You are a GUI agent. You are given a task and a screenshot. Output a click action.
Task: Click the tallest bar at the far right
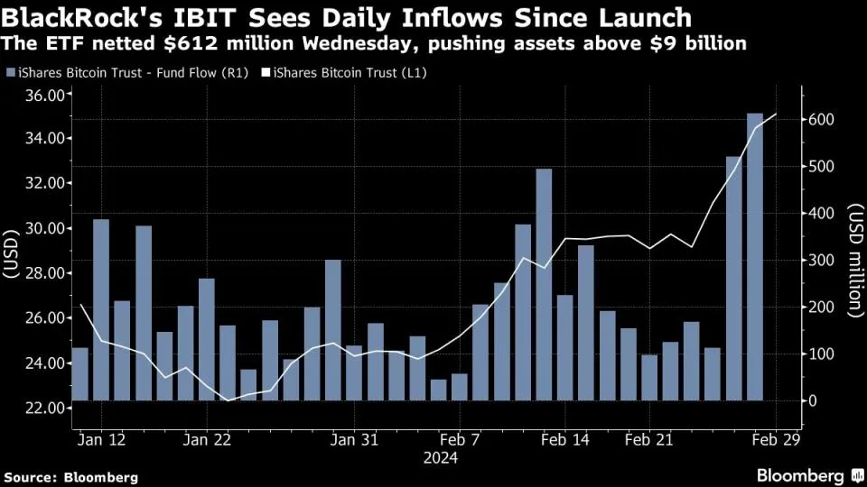[754, 256]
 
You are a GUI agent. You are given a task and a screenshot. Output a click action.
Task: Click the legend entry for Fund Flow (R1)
[114, 72]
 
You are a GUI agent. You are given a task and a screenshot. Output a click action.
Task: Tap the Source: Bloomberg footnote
[71, 476]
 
